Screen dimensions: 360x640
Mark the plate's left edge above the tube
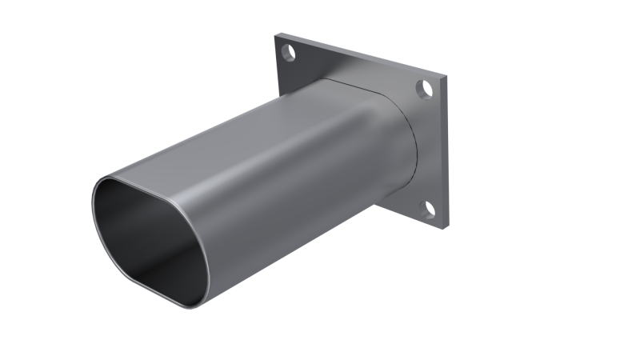[278, 72]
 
